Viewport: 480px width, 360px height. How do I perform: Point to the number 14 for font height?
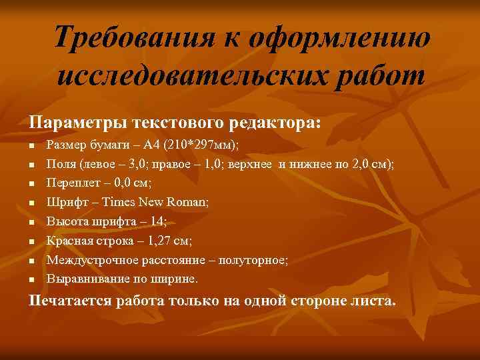tap(155, 221)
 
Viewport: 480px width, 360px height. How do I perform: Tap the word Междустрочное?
tap(91, 259)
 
